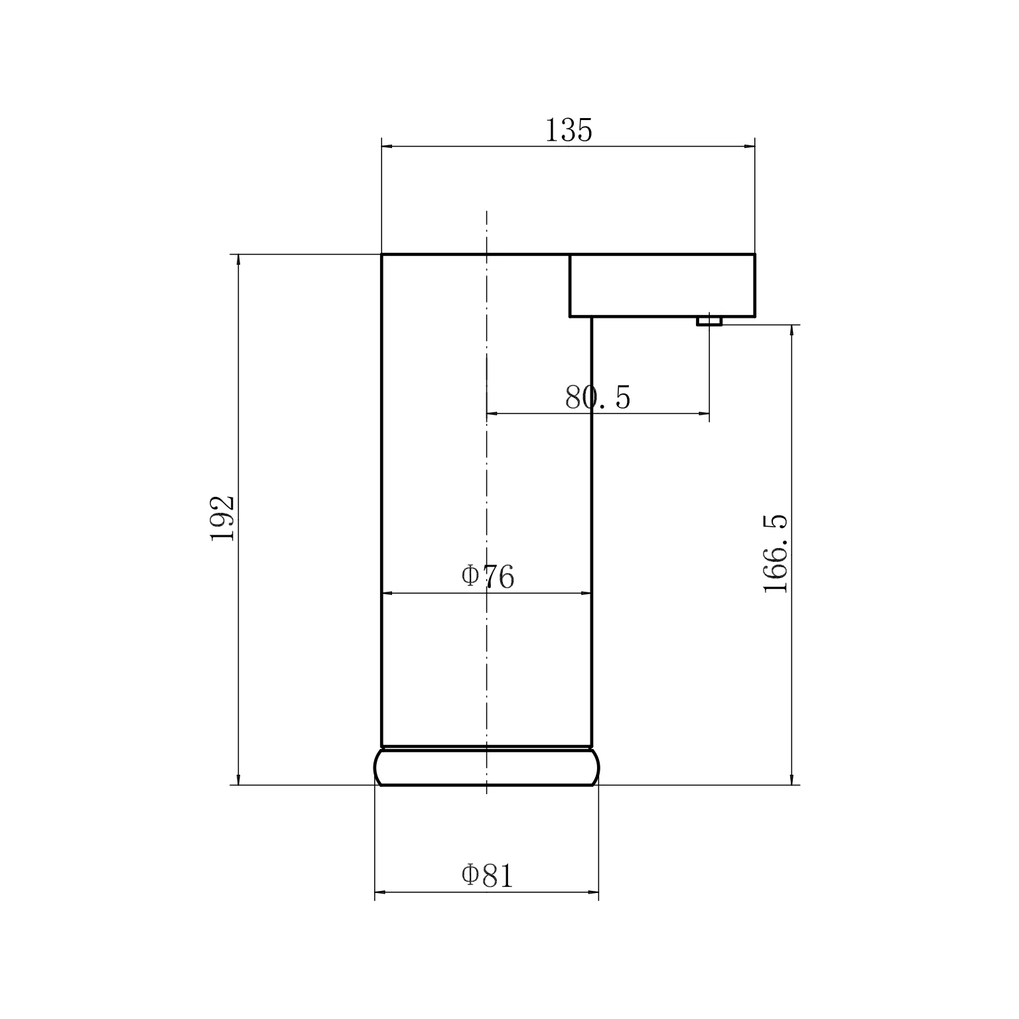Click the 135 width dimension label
click(x=568, y=130)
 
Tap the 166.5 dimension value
click(x=775, y=553)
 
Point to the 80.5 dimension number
click(x=598, y=397)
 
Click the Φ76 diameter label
click(x=488, y=577)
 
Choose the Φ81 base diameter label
click(x=488, y=875)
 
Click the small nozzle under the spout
click(x=709, y=321)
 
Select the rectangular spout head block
click(x=662, y=285)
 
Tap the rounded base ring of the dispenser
click(x=487, y=767)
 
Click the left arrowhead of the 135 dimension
click(x=387, y=147)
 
